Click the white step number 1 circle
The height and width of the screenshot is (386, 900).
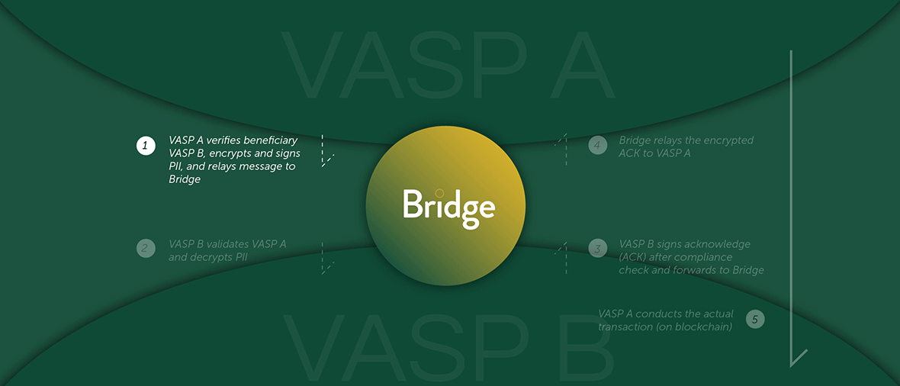tap(146, 145)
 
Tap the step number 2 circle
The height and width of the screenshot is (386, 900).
tap(146, 248)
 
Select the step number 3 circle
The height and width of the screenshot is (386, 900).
tap(597, 248)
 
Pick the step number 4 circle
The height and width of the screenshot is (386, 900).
tap(597, 145)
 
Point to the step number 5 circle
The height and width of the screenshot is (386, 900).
tap(755, 320)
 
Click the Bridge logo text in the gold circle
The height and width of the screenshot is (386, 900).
tap(448, 207)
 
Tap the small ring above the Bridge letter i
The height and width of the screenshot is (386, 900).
tap(439, 193)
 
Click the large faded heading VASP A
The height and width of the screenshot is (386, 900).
tap(448, 66)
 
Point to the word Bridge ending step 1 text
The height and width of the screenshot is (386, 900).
tap(185, 179)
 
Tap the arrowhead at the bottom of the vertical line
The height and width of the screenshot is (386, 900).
tap(798, 358)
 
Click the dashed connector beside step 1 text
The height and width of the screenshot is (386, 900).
tap(324, 151)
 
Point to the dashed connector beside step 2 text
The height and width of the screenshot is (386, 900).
tap(324, 258)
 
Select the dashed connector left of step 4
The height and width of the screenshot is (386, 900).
tap(563, 149)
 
